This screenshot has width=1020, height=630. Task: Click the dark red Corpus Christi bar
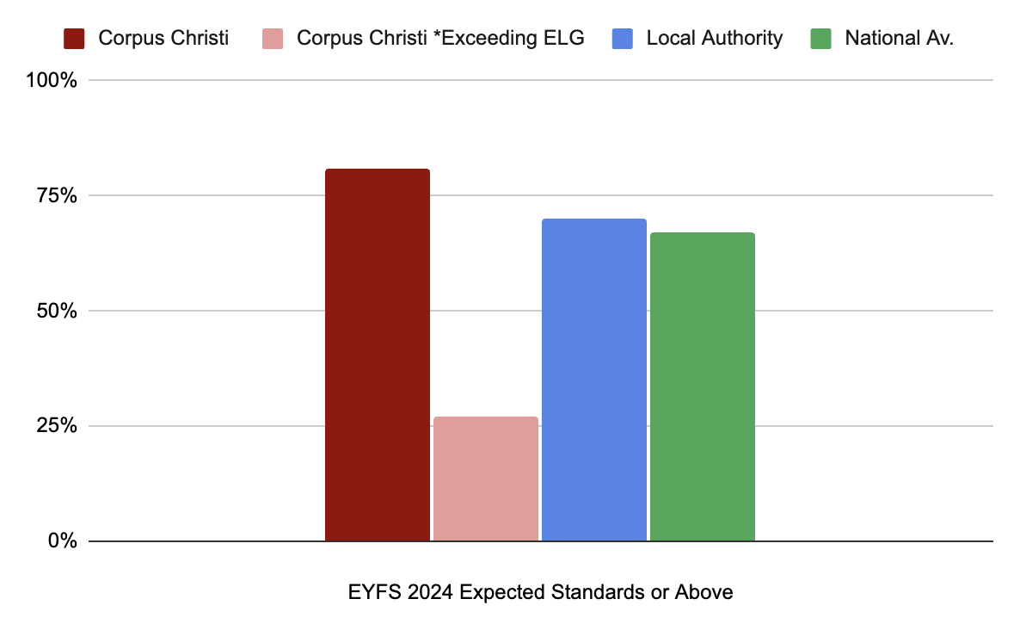[377, 355]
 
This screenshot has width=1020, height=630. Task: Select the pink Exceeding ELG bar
[485, 479]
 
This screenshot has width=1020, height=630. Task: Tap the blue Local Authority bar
[593, 380]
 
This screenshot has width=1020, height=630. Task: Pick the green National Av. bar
[702, 386]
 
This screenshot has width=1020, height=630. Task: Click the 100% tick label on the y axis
[54, 81]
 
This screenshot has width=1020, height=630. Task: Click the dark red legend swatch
[74, 39]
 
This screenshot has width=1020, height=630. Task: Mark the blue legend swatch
[622, 39]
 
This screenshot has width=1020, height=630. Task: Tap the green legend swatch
[820, 39]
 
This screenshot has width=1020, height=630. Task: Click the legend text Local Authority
[715, 39]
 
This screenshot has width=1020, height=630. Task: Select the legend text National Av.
[899, 39]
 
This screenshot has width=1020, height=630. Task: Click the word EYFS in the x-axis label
[371, 593]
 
